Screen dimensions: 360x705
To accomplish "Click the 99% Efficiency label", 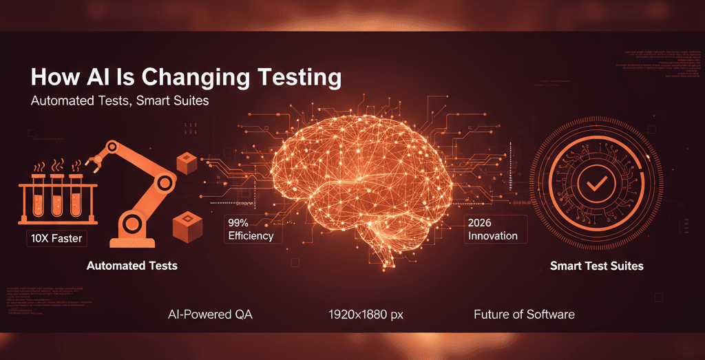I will point(250,229).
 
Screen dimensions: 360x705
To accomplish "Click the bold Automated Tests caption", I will point(131,265).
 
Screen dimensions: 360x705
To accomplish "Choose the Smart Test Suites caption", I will point(597,265).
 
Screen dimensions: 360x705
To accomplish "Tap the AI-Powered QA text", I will point(210,315).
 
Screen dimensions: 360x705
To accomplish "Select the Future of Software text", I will point(524,315).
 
